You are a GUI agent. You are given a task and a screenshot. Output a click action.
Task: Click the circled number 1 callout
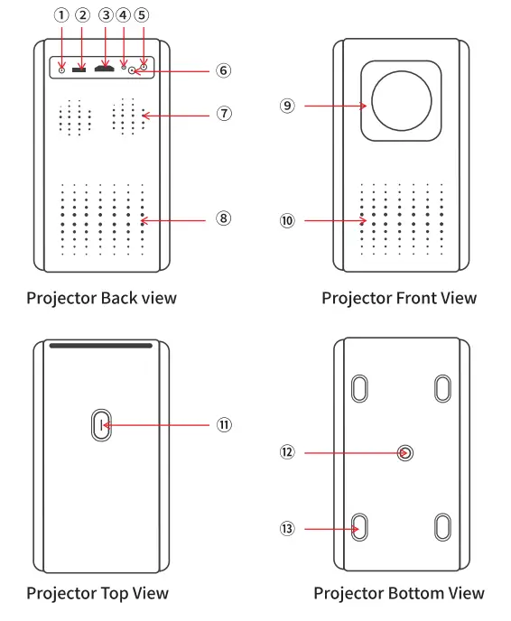(x=60, y=15)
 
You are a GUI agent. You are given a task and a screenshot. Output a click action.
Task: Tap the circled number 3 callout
(x=106, y=15)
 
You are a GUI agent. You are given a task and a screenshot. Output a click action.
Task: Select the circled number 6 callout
(x=224, y=70)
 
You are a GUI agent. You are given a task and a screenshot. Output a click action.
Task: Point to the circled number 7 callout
(x=224, y=114)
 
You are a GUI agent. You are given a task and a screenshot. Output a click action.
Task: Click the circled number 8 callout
(x=224, y=218)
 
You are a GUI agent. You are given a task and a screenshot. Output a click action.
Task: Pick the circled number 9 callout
(x=287, y=106)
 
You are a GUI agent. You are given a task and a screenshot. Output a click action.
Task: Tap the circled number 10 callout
(x=287, y=219)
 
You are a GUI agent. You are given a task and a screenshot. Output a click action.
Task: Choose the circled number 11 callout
(x=224, y=423)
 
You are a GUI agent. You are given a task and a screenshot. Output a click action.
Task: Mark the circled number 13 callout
(x=287, y=529)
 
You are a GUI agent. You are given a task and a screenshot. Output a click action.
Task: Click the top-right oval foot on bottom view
(x=442, y=388)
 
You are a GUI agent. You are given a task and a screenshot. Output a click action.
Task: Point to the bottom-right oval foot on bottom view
(x=442, y=527)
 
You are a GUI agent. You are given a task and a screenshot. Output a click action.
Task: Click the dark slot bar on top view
(x=100, y=346)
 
